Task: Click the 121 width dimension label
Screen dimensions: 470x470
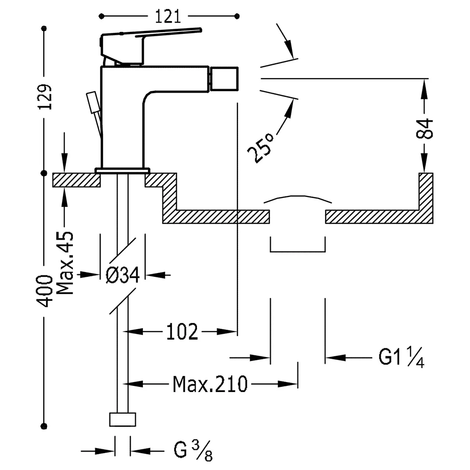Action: [x=168, y=16]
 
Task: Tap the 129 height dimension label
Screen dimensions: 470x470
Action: [x=45, y=96]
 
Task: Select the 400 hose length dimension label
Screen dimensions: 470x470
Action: [x=44, y=291]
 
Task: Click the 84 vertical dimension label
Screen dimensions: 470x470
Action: [x=424, y=129]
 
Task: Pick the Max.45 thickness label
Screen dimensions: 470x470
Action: [x=65, y=263]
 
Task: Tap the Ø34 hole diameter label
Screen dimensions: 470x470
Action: [x=123, y=275]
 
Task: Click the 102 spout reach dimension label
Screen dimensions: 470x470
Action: [x=182, y=332]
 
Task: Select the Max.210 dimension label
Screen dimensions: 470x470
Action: [x=210, y=384]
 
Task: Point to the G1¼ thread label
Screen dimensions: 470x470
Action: [x=401, y=357]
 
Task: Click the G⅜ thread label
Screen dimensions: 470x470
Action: [x=193, y=450]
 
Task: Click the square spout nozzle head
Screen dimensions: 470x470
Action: [x=224, y=79]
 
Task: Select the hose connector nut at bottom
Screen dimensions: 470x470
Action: [x=123, y=419]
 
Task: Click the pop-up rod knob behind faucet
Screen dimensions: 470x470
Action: [x=92, y=102]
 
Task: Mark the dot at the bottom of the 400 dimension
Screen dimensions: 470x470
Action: [x=44, y=426]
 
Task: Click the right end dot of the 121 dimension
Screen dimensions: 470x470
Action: [x=237, y=16]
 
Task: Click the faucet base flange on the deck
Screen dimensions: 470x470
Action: [x=122, y=171]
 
